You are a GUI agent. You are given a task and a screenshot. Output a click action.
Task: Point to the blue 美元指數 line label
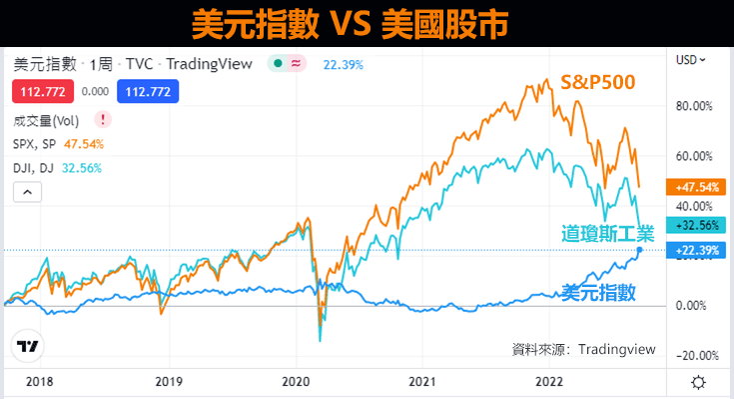[x=598, y=292]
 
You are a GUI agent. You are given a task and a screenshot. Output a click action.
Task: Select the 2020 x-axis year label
[x=297, y=382]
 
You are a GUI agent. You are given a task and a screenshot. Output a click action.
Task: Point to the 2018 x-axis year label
[x=39, y=382]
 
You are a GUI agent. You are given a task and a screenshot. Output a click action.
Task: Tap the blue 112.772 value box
[x=144, y=92]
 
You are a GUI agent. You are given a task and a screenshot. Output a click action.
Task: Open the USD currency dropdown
[x=691, y=60]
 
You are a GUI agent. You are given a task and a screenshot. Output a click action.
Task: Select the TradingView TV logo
[x=28, y=346]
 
